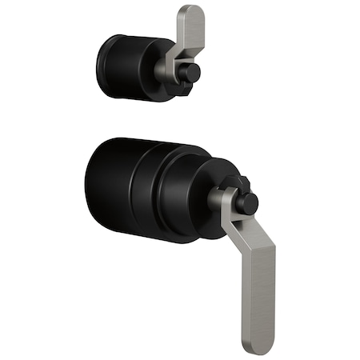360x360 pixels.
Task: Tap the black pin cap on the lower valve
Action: [247, 202]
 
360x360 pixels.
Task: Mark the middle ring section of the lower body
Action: [160, 193]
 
